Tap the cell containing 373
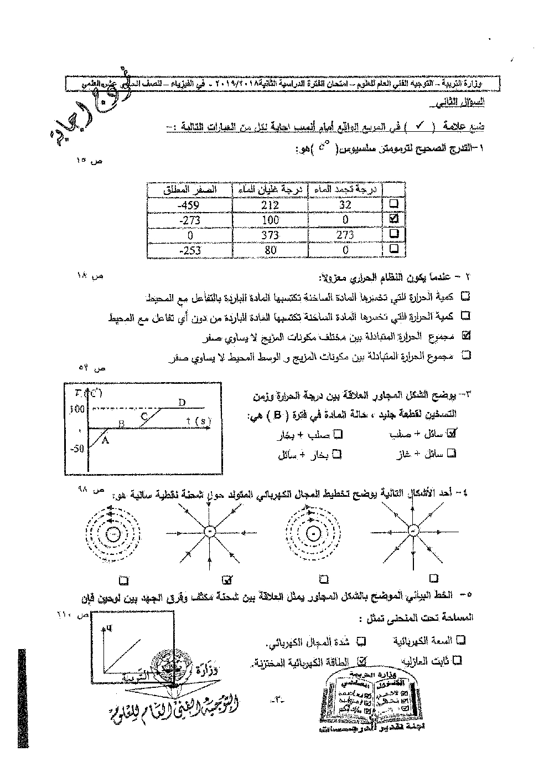[x=270, y=234]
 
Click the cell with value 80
[x=270, y=249]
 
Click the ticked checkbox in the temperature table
[x=394, y=219]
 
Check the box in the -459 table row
[x=394, y=204]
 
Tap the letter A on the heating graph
[x=106, y=440]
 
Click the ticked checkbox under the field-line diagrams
[x=226, y=580]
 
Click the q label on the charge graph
[x=109, y=627]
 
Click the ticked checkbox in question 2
[x=465, y=335]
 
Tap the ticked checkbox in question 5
[x=362, y=660]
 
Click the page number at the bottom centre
[x=278, y=701]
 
